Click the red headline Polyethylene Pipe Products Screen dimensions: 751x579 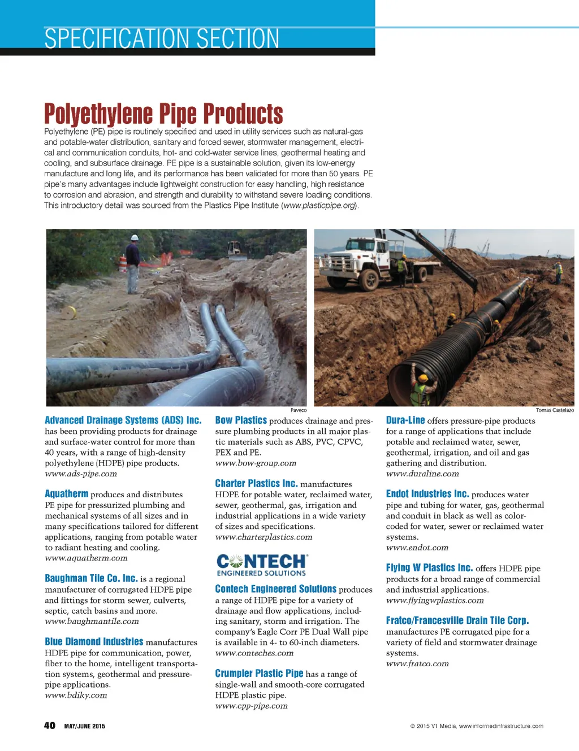[x=163, y=114]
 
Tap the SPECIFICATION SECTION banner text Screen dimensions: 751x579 [x=162, y=39]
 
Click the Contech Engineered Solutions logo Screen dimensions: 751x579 [x=262, y=565]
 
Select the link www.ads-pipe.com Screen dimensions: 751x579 [x=81, y=474]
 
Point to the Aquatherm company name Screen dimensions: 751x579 [x=67, y=494]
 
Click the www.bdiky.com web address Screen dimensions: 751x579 [x=76, y=695]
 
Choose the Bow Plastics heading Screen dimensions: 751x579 [x=241, y=420]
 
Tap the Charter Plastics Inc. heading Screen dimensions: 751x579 [x=256, y=484]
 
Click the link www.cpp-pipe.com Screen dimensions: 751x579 [x=251, y=706]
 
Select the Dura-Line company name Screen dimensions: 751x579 [x=405, y=420]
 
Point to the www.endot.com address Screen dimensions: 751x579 [x=417, y=548]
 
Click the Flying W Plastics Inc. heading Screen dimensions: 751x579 [x=429, y=568]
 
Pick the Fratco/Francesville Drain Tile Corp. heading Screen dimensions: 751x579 [x=457, y=620]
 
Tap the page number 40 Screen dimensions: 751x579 [x=50, y=726]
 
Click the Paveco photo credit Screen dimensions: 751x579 [x=299, y=410]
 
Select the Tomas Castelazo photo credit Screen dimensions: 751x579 [x=555, y=410]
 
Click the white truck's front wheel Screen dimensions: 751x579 [x=370, y=279]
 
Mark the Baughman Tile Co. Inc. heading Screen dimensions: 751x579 [x=91, y=579]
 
